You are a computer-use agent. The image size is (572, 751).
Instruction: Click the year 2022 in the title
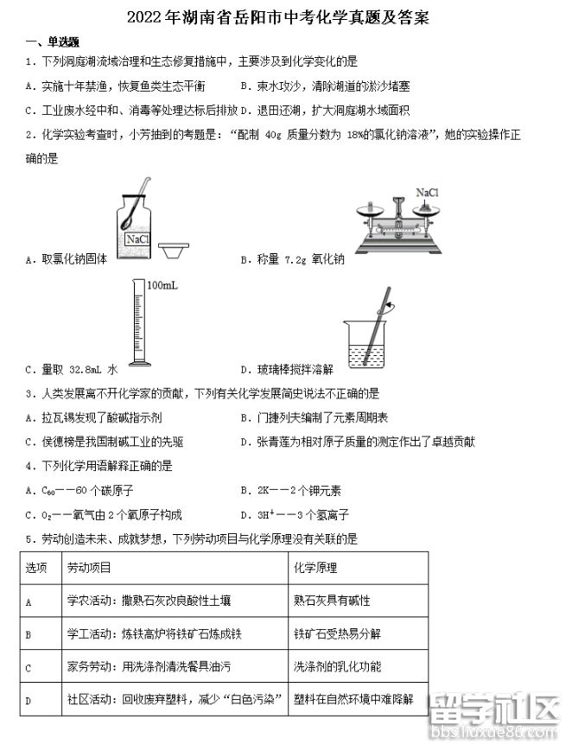(143, 17)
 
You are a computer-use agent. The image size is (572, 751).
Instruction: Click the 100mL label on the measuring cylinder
(162, 285)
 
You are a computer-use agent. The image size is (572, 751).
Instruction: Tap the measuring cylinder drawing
(138, 323)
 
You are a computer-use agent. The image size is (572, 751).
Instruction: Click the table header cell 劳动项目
(89, 568)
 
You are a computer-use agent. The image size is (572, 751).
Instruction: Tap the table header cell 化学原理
(315, 568)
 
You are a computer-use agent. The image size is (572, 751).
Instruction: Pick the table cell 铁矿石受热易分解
(337, 633)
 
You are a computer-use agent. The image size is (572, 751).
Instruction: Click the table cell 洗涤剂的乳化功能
(337, 667)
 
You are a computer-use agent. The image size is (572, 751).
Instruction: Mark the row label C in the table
(29, 667)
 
